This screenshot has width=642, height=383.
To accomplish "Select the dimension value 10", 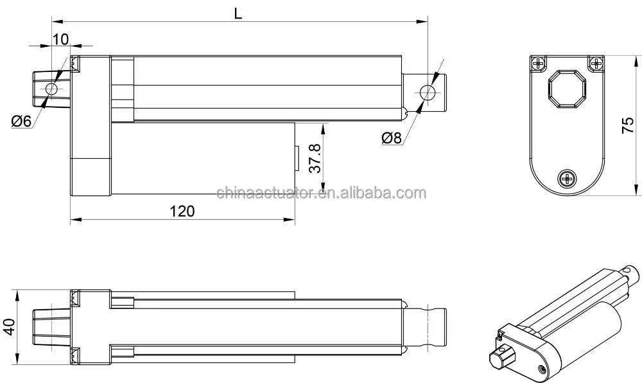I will tap(60, 39).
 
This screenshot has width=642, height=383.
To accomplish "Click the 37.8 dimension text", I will tap(314, 158).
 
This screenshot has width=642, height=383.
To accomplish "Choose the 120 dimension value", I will tap(182, 211).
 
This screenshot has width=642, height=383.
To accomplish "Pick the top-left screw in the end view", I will tap(538, 63).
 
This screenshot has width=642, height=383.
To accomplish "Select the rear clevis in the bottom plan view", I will tap(51, 325).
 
